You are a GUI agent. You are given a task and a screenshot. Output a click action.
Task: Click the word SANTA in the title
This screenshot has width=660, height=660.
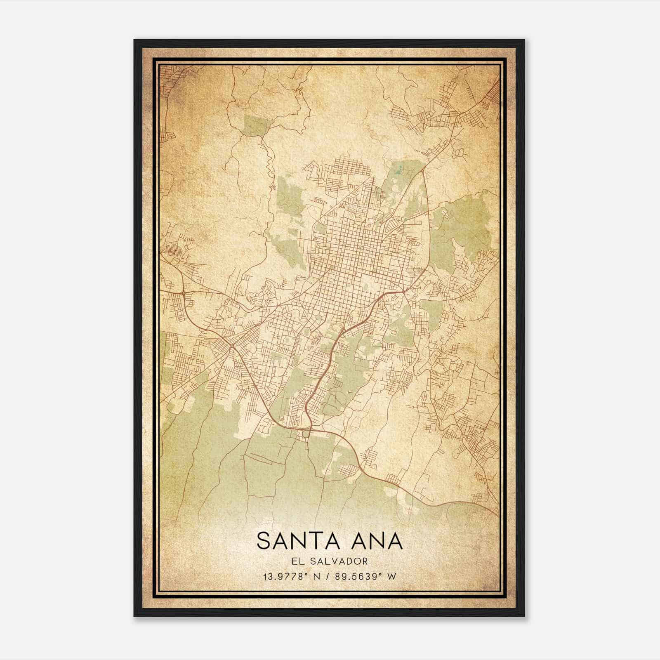tap(298, 541)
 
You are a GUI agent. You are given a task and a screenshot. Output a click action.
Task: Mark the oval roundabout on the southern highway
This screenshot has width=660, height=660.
tap(305, 434)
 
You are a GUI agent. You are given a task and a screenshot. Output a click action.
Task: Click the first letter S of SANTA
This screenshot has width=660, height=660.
tap(264, 541)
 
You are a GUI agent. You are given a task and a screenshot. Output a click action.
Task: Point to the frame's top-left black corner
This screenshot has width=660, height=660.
tap(136, 42)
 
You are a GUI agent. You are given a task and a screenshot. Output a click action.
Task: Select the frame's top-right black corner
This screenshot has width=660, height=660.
tap(523, 42)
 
